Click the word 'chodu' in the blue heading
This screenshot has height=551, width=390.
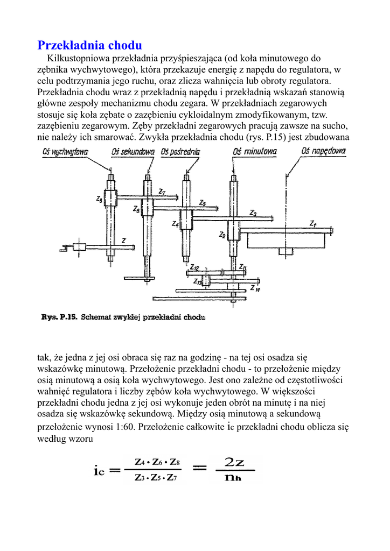point(125,45)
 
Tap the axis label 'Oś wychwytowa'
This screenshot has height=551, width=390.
point(65,152)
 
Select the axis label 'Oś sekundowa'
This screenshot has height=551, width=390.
point(133,152)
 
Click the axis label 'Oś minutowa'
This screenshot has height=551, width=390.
point(255,152)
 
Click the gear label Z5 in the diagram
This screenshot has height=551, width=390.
point(202,203)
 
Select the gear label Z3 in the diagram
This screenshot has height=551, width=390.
point(253,213)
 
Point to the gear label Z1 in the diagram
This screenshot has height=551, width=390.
point(313,223)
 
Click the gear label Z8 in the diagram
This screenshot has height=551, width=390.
point(99,199)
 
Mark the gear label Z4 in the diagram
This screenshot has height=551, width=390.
point(175,224)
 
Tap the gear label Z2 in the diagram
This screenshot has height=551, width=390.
point(222,235)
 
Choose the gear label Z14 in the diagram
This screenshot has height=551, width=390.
point(255,289)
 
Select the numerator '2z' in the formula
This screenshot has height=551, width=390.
point(234,462)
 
